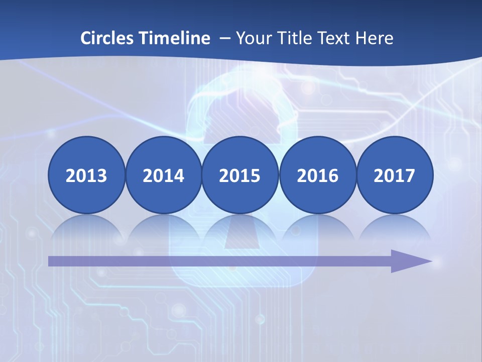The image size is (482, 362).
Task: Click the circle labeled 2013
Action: (x=86, y=175)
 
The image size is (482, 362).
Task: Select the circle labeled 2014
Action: (x=164, y=175)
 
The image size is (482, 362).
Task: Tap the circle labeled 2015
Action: (x=240, y=175)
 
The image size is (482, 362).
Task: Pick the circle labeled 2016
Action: (x=318, y=175)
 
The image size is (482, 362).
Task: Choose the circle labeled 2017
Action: (x=395, y=175)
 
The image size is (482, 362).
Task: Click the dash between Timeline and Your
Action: (x=224, y=38)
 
